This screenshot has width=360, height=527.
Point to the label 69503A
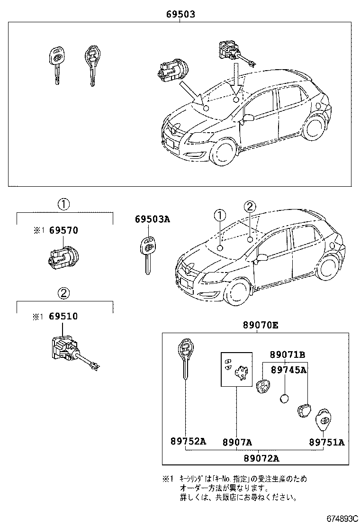(152, 219)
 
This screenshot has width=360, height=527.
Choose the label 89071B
(288, 354)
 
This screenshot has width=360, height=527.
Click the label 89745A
(288, 370)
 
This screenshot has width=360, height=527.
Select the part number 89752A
(188, 442)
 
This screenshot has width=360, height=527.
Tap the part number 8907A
(237, 442)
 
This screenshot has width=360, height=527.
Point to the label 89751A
(327, 442)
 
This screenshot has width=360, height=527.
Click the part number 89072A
(261, 457)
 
